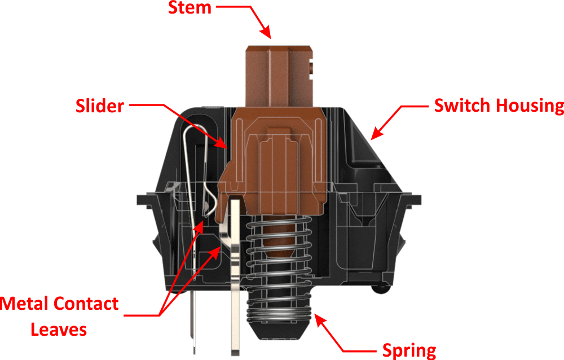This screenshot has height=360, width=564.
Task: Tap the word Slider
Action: pyautogui.click(x=99, y=105)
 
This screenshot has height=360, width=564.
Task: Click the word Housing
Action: pyautogui.click(x=534, y=106)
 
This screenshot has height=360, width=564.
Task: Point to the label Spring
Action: pyautogui.click(x=409, y=349)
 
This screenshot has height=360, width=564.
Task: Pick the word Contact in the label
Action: pyautogui.click(x=86, y=304)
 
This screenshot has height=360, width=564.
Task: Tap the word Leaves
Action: pyautogui.click(x=59, y=329)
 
